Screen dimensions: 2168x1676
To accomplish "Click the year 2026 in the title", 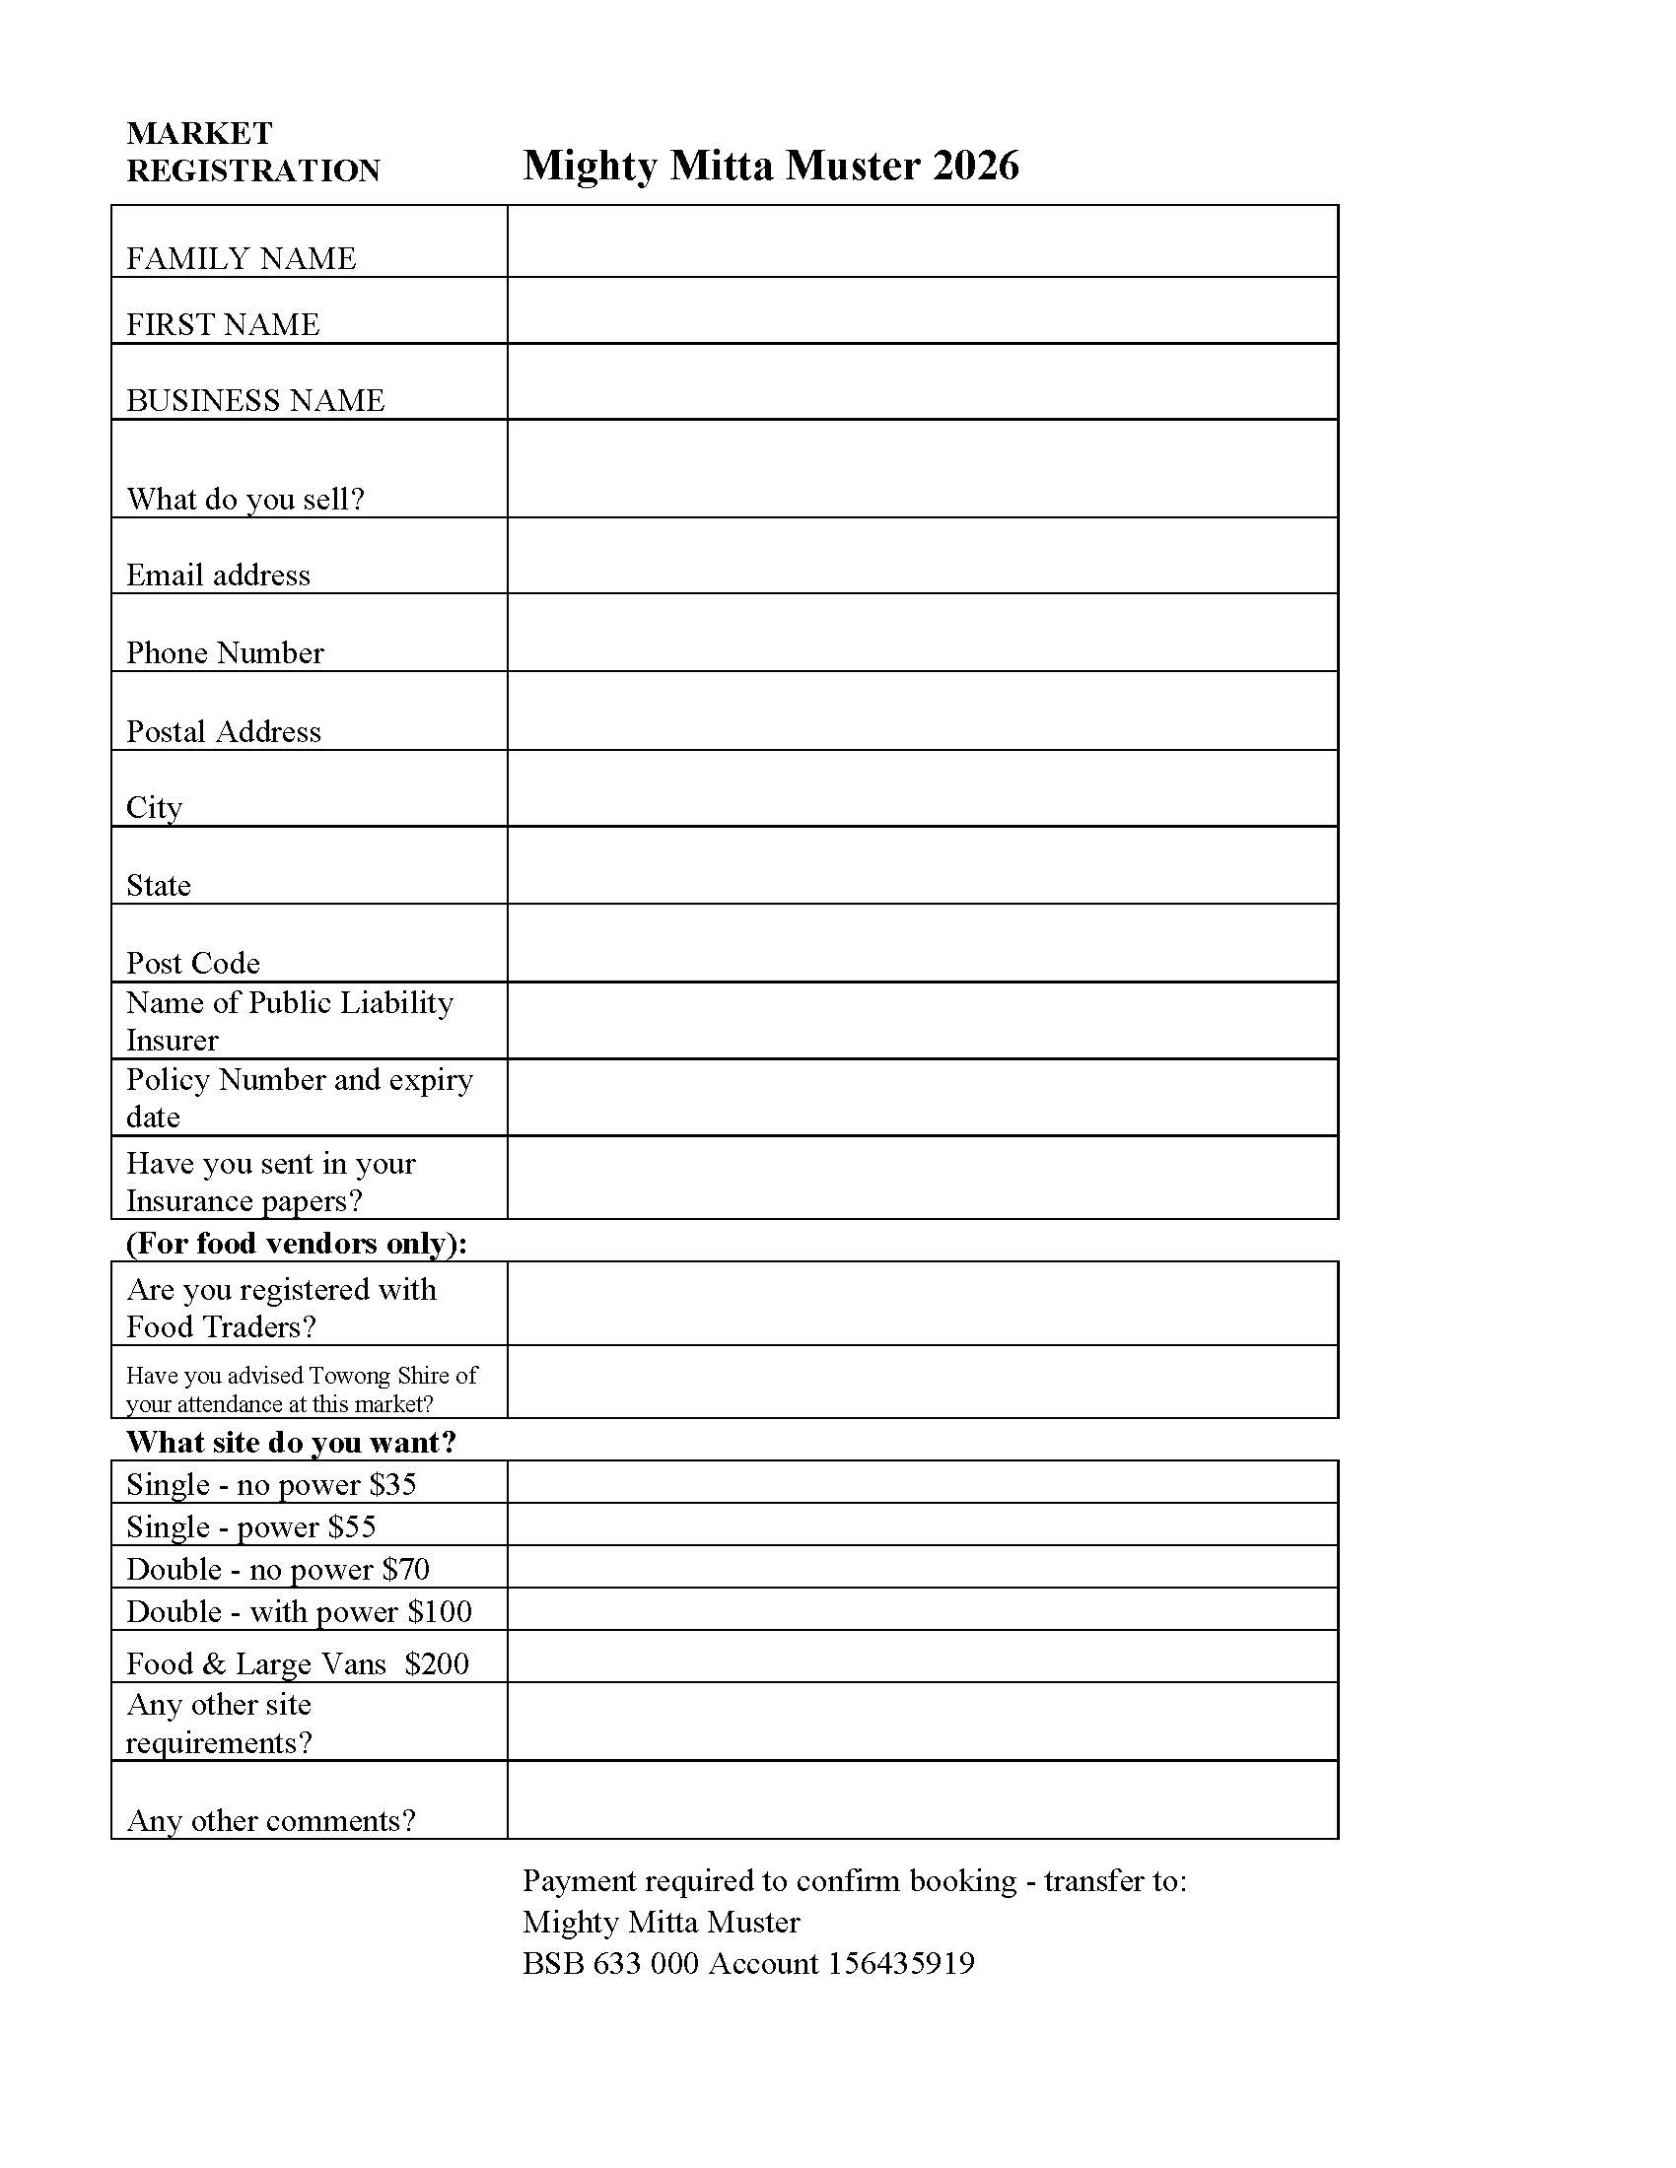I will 976,165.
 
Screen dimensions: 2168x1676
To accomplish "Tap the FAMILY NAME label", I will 241,258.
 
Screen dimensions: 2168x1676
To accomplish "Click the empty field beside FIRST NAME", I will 922,310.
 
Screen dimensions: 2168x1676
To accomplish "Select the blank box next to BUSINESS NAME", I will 922,382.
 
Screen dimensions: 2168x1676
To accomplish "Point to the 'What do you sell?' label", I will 245,499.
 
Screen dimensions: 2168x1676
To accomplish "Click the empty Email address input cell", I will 922,556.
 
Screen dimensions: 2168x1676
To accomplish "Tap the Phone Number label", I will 225,652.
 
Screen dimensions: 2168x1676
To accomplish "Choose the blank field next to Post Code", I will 922,943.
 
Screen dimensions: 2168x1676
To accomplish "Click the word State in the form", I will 158,885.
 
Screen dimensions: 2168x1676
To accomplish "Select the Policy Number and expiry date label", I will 298,1097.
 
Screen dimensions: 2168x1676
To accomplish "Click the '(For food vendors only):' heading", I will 296,1243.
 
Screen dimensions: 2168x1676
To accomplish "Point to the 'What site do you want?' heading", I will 291,1442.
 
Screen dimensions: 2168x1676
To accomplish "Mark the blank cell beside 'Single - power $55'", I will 922,1524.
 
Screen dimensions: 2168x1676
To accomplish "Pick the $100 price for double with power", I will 439,1611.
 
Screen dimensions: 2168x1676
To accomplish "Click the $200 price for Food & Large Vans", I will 436,1663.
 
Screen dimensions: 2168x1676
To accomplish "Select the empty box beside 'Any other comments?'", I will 922,1800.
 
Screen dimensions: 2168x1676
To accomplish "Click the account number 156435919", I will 900,1963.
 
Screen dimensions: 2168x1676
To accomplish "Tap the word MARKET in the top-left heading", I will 199,133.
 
